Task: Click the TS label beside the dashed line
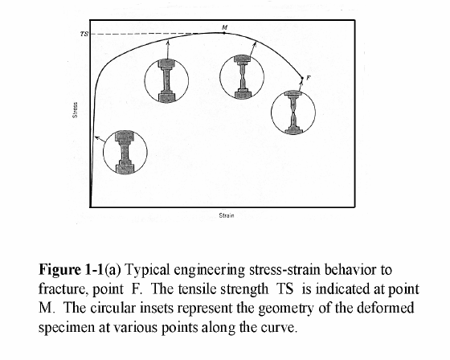(84, 34)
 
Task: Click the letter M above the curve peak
(225, 27)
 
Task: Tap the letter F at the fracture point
(309, 77)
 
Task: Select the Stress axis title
(75, 110)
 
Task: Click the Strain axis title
(227, 215)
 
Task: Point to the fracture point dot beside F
(302, 78)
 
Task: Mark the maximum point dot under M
(224, 33)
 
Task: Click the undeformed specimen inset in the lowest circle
(125, 152)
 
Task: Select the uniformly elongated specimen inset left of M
(166, 80)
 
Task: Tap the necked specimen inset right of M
(242, 77)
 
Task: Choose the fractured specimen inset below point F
(293, 112)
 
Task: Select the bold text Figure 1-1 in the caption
(71, 269)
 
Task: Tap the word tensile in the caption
(250, 288)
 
